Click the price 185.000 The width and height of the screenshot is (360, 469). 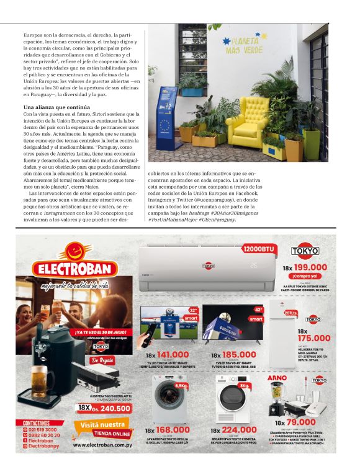click(x=236, y=355)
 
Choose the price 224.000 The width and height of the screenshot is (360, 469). click(x=236, y=429)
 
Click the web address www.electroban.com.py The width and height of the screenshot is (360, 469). click(x=102, y=444)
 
